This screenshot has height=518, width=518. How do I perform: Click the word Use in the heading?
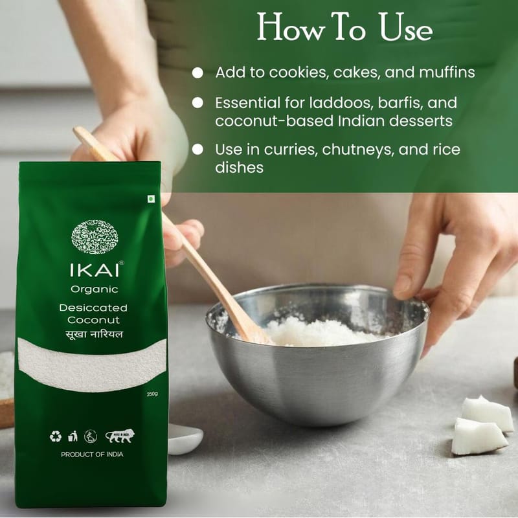point(406,28)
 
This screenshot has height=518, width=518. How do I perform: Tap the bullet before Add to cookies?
point(197,73)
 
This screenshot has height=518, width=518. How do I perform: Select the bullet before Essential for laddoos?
point(197,103)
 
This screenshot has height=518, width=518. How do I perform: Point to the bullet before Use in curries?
point(197,150)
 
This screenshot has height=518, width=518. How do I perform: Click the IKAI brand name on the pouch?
point(95,270)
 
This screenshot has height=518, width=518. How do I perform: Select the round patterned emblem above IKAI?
point(95,236)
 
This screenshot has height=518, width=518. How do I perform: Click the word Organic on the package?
point(94,289)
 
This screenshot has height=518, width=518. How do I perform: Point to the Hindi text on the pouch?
point(94,333)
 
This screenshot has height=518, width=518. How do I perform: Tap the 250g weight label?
point(152,394)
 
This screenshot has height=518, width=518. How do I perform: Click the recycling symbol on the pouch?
point(56,436)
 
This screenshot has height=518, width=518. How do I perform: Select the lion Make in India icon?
point(120,436)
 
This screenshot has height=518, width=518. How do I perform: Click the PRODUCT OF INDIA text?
point(92,455)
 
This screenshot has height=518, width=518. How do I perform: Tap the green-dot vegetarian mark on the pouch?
point(151,199)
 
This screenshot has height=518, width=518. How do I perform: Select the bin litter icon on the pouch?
point(73,436)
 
